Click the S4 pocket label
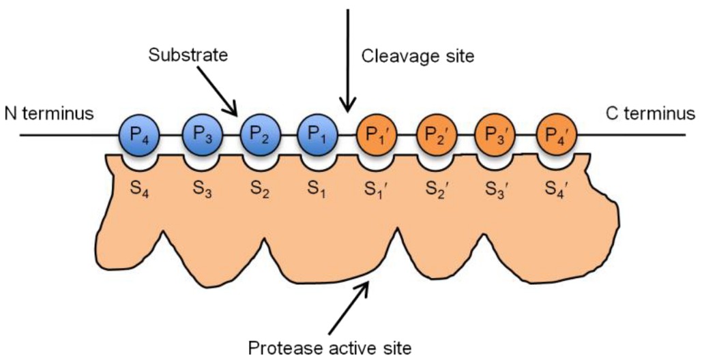140,189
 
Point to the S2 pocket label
258,189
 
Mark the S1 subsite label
317,189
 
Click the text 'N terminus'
48,113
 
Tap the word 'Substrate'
187,55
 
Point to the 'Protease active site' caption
330,348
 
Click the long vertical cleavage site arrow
349,61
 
